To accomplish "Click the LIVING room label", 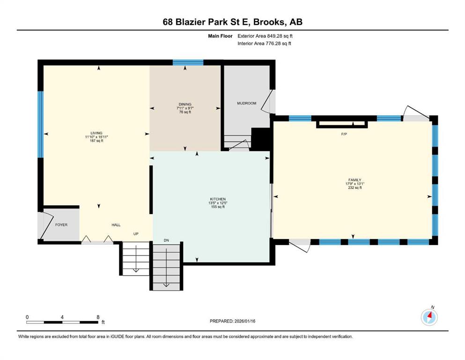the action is [96, 133].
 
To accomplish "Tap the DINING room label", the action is [185, 105].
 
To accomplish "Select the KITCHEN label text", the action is [218, 199].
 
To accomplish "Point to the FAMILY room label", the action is [354, 180].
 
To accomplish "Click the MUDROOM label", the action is [247, 103].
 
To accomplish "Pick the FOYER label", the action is [61, 225].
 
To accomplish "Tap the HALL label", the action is [116, 225].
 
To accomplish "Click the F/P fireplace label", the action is [344, 134].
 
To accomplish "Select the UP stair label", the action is [136, 234].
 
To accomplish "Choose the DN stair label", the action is [166, 240].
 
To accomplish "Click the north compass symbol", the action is [429, 317].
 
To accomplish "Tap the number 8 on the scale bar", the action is [98, 317].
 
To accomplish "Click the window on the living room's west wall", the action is [41, 124].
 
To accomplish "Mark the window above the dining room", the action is [188, 62].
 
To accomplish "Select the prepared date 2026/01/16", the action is [245, 321].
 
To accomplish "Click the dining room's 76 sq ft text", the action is [185, 112].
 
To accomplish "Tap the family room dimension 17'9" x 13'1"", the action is [354, 184].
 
